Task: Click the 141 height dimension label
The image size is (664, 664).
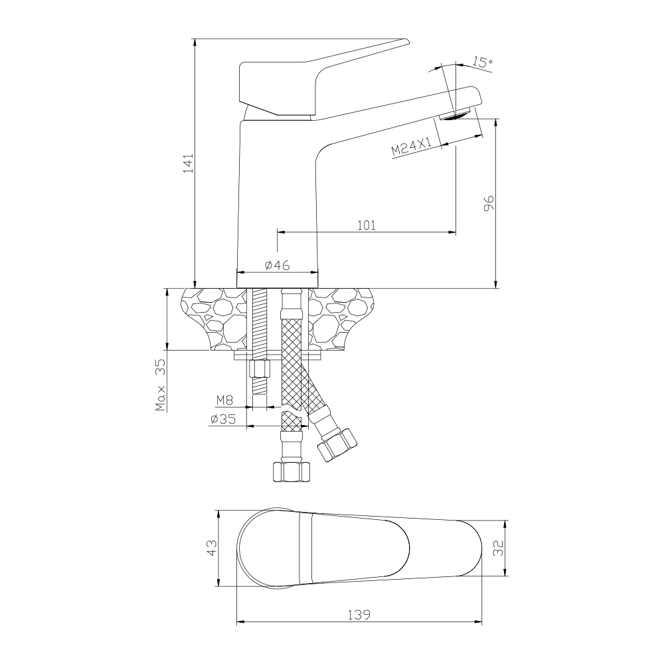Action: (189, 163)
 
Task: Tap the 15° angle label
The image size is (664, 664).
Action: (482, 62)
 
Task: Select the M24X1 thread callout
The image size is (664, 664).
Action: (411, 147)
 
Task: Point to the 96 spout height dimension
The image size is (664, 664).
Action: (489, 203)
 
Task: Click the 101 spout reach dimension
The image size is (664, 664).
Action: (367, 225)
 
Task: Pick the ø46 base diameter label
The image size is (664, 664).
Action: (278, 266)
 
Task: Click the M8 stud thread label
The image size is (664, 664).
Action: (225, 400)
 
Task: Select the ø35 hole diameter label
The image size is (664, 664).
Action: (222, 419)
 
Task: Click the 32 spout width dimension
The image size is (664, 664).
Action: (499, 548)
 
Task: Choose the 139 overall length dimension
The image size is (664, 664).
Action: (359, 614)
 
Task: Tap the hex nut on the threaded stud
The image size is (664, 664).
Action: (260, 369)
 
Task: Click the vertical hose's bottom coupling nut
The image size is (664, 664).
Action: (291, 471)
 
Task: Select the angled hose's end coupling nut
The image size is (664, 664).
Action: (337, 445)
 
